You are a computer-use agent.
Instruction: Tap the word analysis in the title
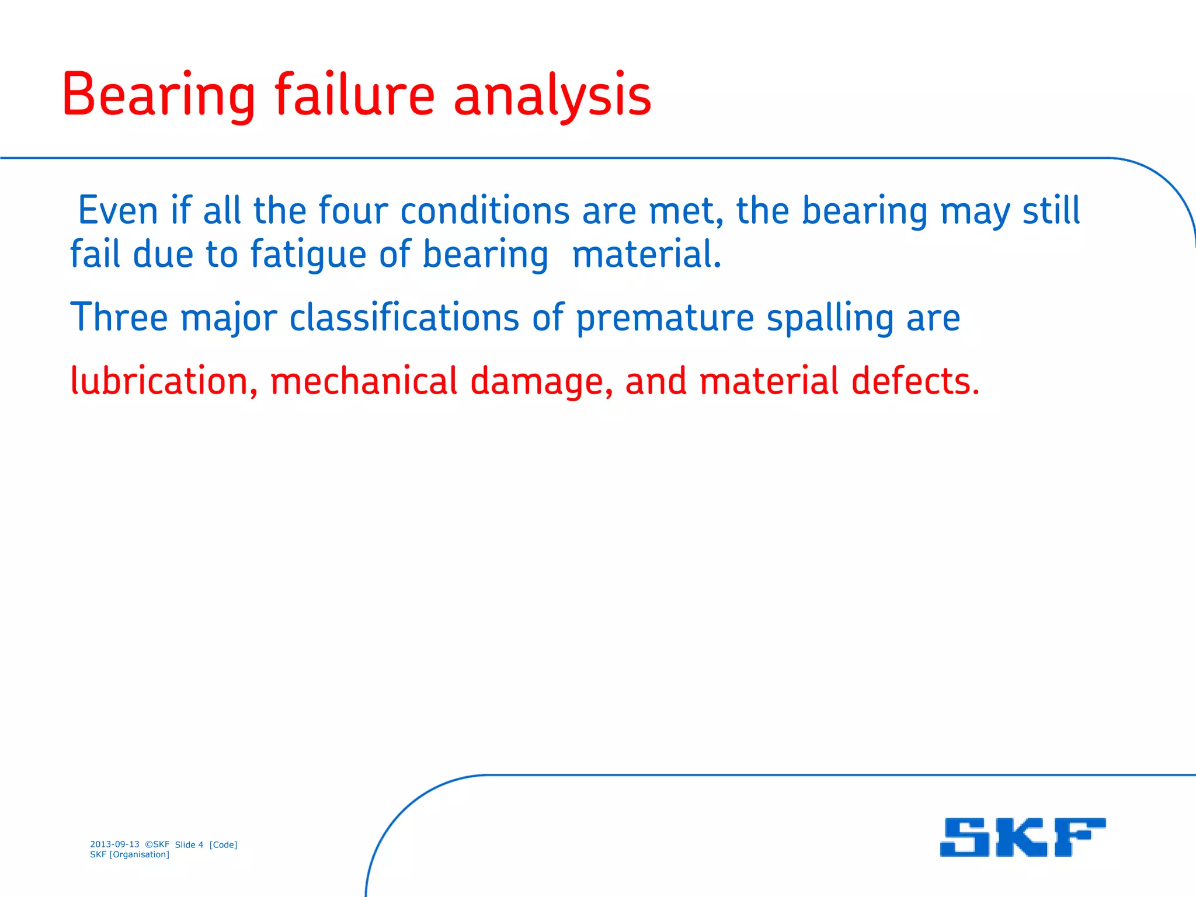coord(552,95)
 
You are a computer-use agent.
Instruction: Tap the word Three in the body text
coord(119,318)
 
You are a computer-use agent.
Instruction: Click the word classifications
coord(404,318)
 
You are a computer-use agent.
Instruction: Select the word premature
coord(665,319)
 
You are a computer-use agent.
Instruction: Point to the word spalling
coord(830,319)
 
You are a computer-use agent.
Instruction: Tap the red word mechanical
coord(363,381)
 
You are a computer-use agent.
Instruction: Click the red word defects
coord(915,381)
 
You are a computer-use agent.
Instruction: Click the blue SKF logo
coord(1023,837)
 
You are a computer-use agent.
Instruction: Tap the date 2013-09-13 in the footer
coord(114,844)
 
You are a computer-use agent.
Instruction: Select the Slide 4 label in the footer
coord(189,845)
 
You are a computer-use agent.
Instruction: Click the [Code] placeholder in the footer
coord(223,845)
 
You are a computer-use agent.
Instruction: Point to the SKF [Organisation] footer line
coord(130,855)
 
